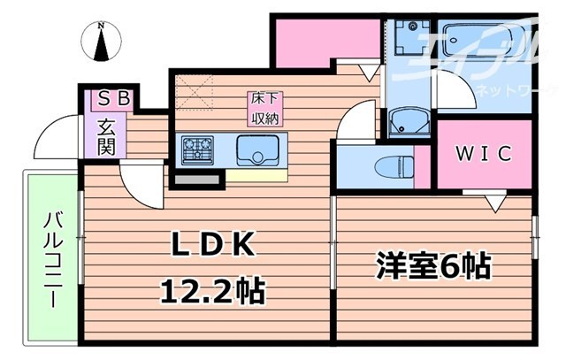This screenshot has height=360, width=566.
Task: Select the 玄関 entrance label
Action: coord(107,135)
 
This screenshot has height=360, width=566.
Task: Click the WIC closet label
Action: coord(484,154)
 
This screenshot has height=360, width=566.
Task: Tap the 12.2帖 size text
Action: coord(212,289)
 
